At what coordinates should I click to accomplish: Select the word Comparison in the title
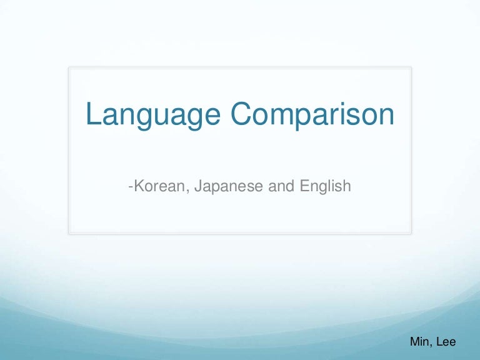point(312,115)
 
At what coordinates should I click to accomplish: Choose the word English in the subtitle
point(323,186)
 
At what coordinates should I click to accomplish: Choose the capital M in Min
point(414,342)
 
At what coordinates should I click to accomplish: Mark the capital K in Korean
point(136,186)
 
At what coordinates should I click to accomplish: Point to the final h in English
point(346,186)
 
